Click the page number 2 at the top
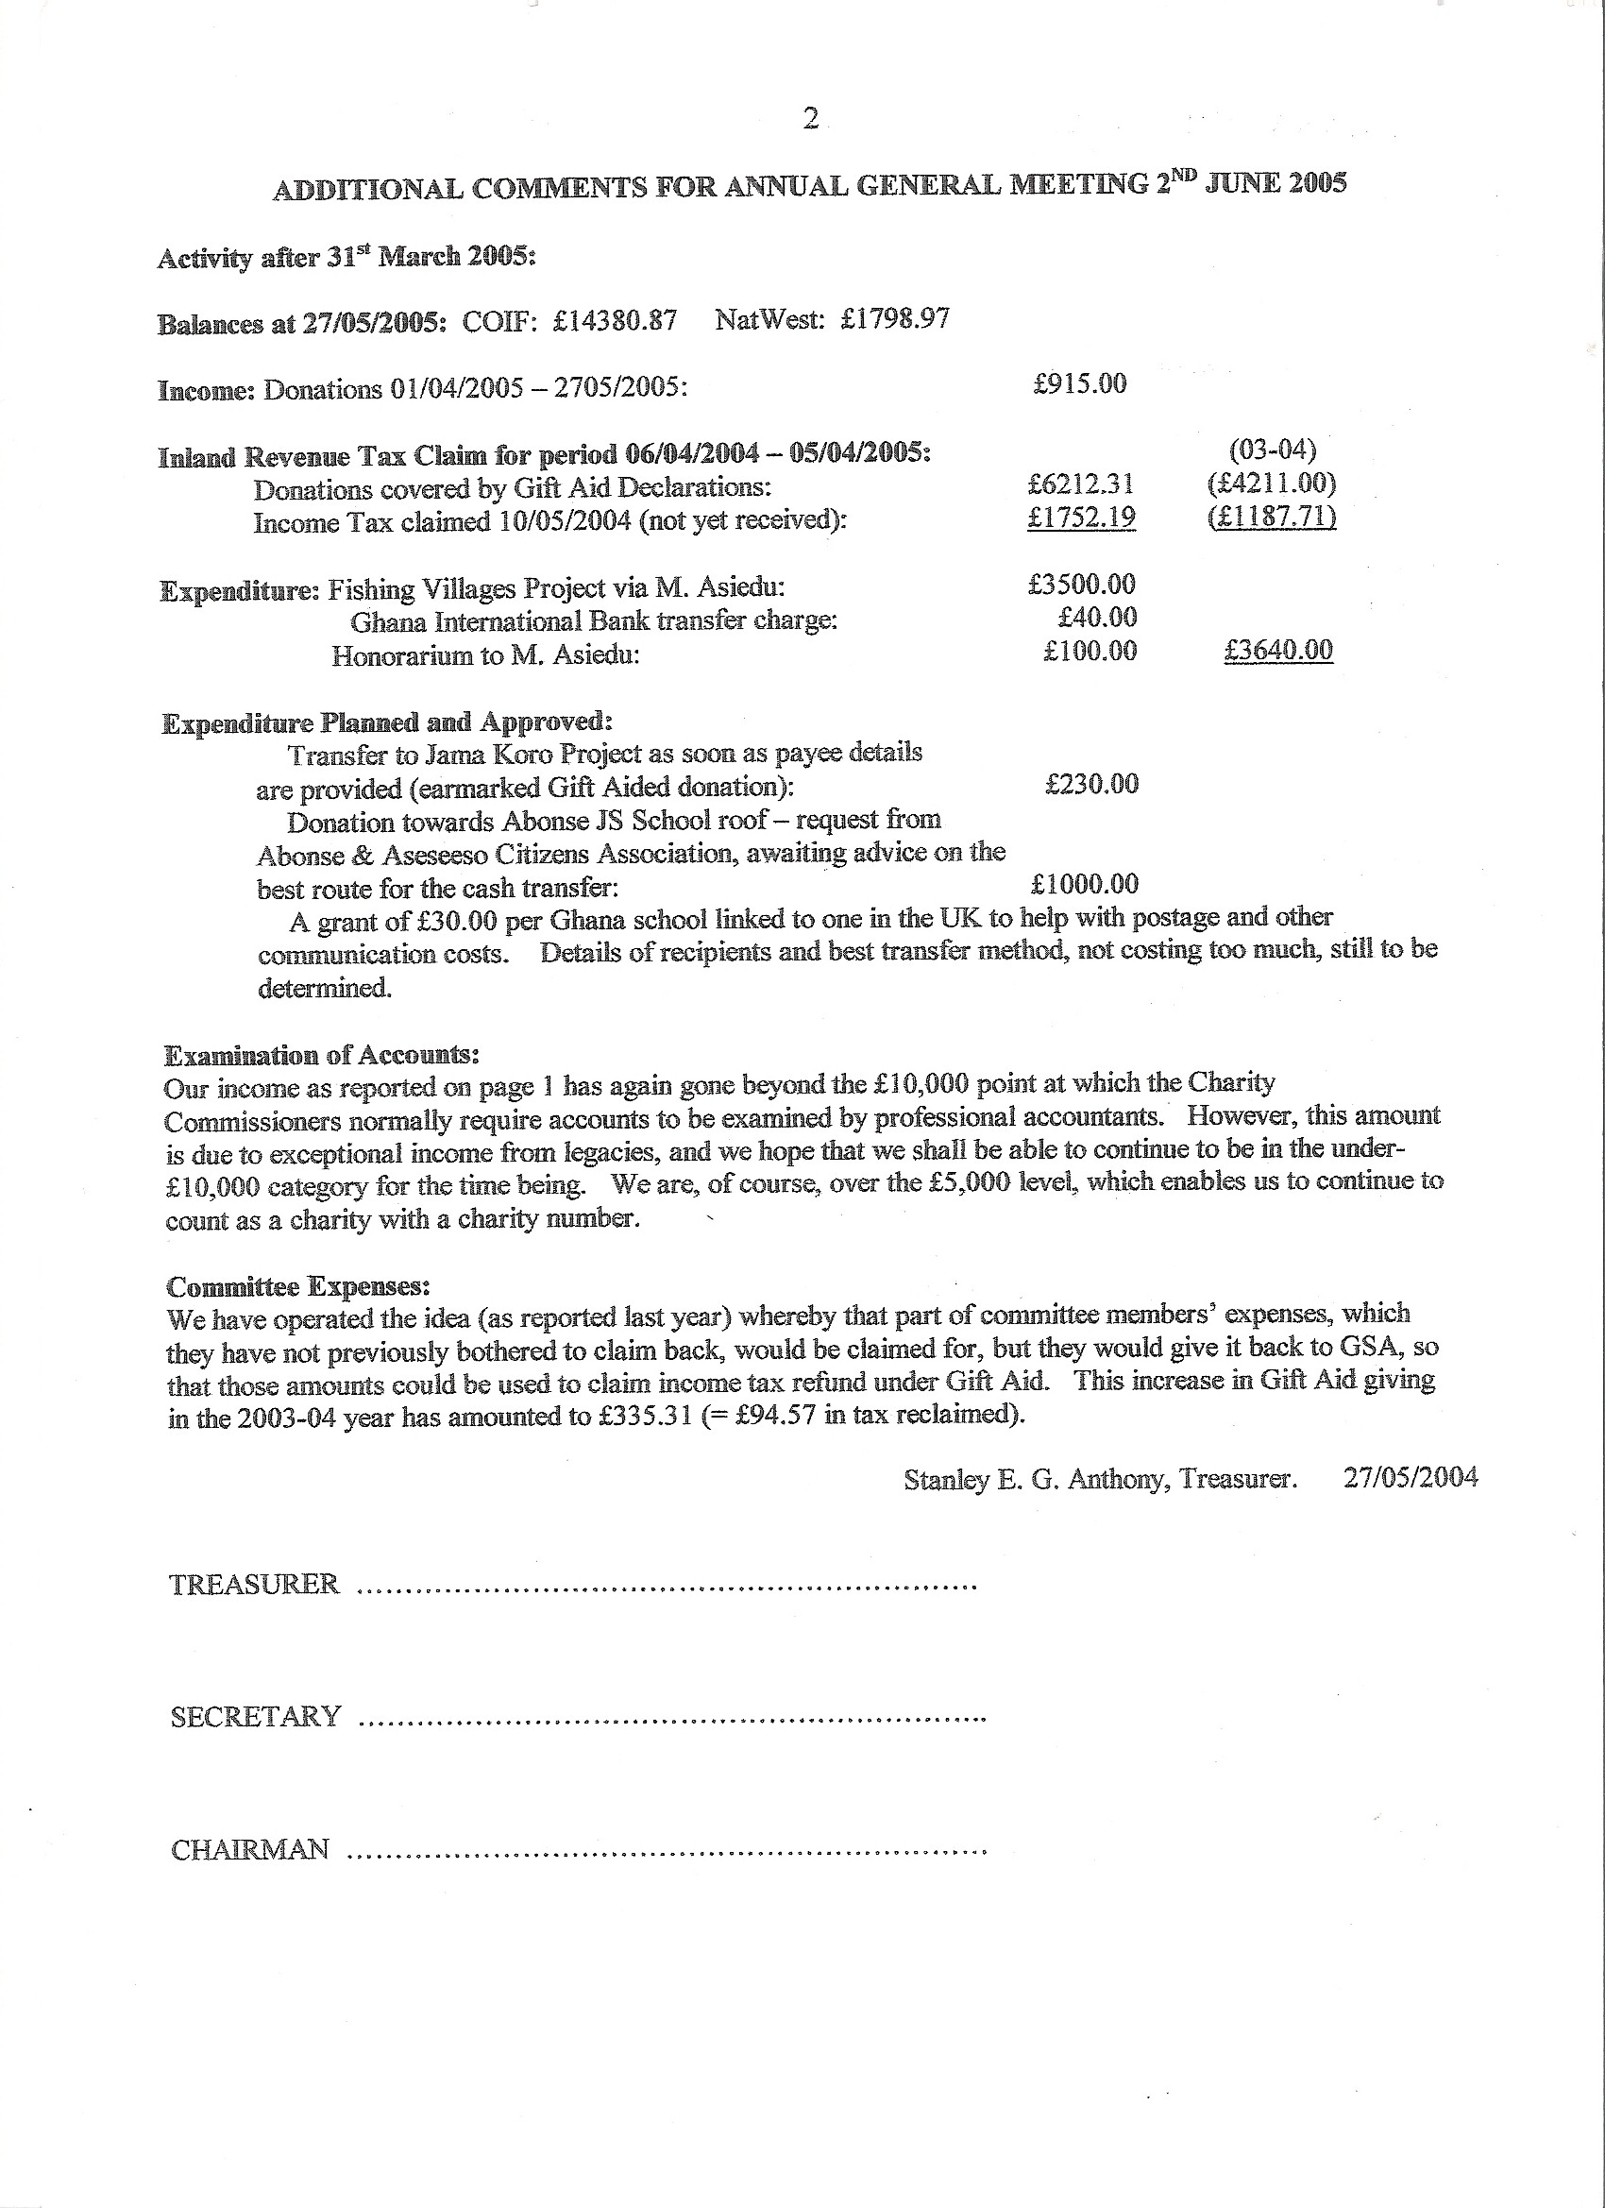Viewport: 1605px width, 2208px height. (810, 119)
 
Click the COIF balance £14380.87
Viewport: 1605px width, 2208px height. (615, 321)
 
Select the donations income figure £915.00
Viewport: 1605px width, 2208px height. (1079, 383)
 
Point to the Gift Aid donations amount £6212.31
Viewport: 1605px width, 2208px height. (1080, 484)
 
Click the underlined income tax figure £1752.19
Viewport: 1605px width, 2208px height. (1081, 517)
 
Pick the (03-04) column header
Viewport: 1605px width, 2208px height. (1272, 450)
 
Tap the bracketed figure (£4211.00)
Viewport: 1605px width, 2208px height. (1271, 483)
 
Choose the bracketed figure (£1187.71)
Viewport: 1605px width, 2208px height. (1271, 517)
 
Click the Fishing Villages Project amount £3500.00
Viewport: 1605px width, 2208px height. (1081, 585)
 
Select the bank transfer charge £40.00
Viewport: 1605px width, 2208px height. (1098, 618)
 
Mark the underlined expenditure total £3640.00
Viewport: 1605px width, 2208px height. (1278, 651)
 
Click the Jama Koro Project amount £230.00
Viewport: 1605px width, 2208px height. (1091, 784)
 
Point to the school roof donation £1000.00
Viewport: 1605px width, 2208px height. (1084, 884)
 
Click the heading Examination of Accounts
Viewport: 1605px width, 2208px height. (322, 1055)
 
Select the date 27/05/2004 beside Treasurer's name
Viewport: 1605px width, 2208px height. (1411, 1478)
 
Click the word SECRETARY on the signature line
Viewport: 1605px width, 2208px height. (256, 1716)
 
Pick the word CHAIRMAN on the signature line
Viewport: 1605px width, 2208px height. (250, 1850)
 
